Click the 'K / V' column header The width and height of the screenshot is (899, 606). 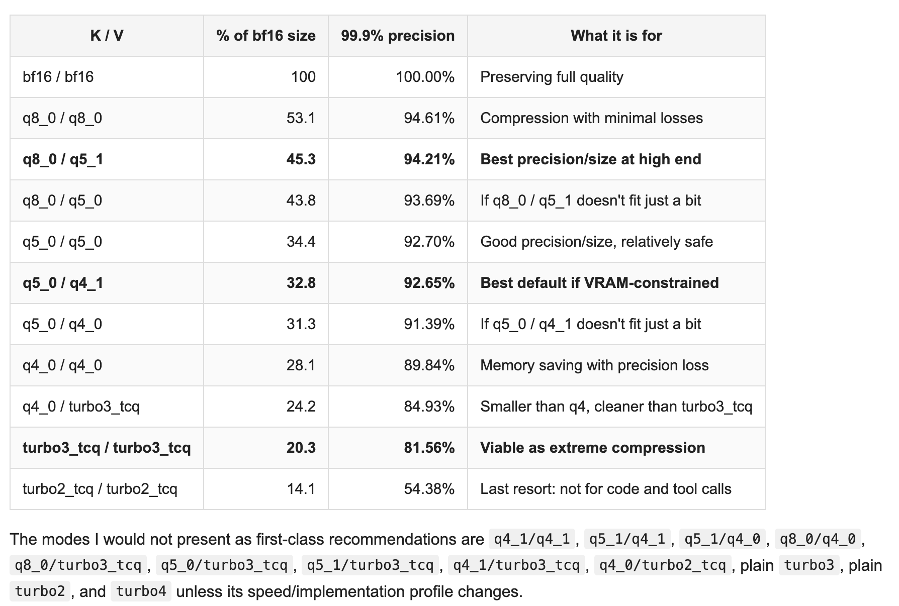point(107,36)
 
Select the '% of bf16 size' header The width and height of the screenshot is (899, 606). point(266,36)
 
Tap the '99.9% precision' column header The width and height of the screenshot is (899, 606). point(398,36)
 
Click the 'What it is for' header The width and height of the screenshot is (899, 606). point(616,36)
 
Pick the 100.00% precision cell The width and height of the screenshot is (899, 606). point(425,77)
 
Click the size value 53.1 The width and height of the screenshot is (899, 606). point(301,118)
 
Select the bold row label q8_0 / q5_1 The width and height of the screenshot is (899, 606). point(63,159)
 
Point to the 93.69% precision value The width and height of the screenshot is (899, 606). point(429,200)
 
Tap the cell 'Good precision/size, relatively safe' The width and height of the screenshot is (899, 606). point(596,242)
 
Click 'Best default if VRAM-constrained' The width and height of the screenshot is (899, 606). point(599,283)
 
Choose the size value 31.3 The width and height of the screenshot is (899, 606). point(301,324)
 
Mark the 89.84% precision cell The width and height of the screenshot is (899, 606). point(429,365)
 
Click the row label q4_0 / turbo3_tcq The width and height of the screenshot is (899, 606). point(81,407)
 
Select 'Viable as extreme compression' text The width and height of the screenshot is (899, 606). point(592,448)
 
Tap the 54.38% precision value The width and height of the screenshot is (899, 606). point(429,489)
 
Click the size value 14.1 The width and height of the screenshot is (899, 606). point(301,489)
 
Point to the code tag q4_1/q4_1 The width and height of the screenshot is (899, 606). point(532,539)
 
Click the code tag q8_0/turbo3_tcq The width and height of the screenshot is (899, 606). point(78,565)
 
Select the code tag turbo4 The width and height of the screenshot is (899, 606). point(141,591)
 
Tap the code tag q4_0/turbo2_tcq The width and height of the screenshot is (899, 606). point(663,565)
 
